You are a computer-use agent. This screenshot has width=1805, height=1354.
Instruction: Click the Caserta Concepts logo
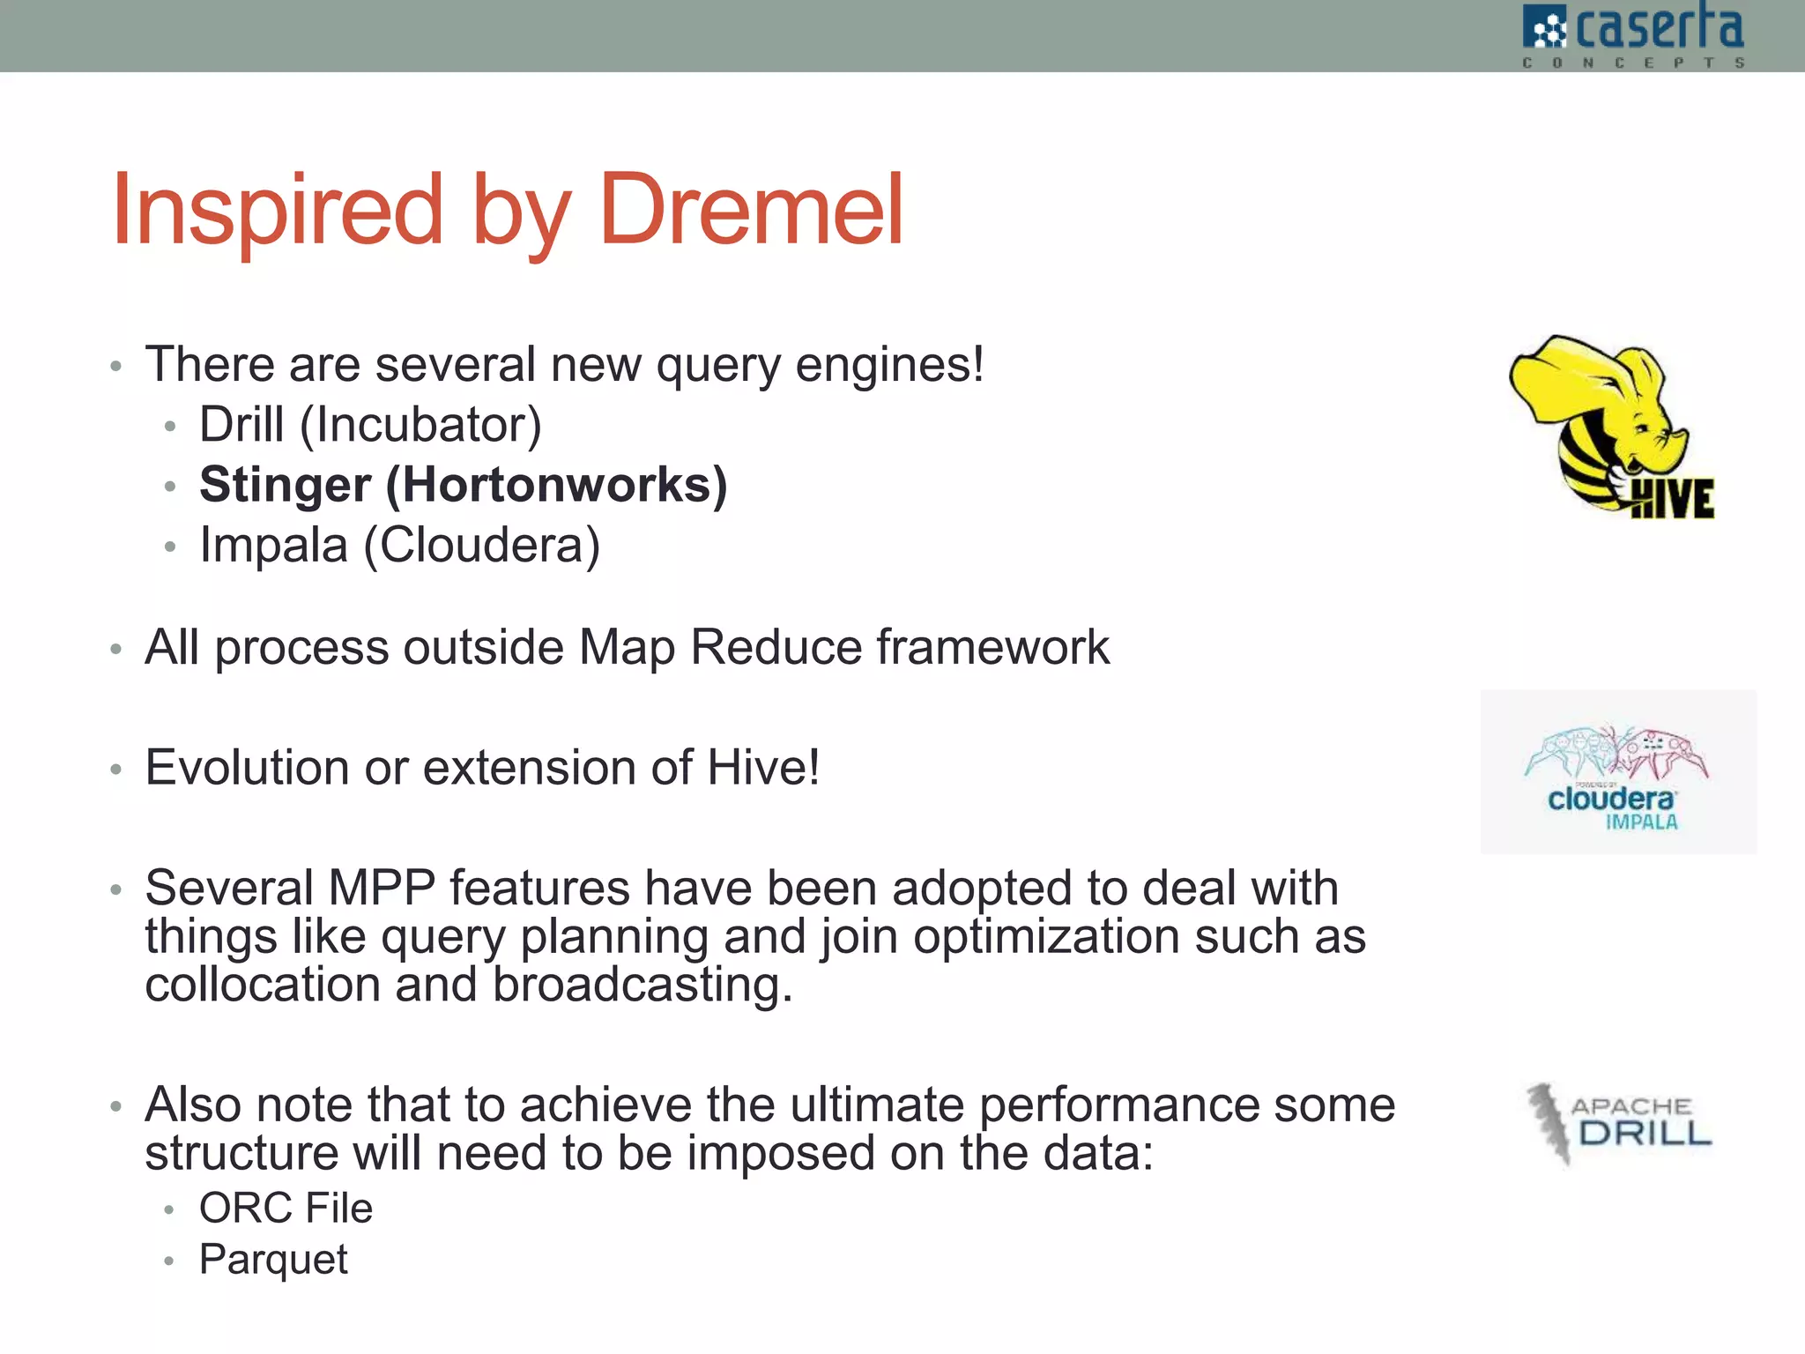[1633, 35]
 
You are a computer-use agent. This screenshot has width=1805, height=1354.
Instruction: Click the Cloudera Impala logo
[1617, 773]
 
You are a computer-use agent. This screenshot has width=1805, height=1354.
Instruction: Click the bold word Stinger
[285, 485]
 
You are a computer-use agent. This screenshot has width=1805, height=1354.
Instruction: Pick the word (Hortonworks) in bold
[556, 485]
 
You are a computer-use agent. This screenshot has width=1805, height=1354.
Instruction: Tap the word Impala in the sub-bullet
[273, 545]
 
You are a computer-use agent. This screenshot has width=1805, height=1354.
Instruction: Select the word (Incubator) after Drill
[420, 425]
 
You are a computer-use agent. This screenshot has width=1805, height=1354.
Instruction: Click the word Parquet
[273, 1260]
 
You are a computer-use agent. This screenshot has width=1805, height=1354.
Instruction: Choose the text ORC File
[286, 1208]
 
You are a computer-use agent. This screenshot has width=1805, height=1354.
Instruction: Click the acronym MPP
[381, 888]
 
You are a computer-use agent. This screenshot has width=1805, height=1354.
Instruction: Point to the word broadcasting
[642, 985]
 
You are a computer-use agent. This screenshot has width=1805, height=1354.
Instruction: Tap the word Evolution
[247, 767]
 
